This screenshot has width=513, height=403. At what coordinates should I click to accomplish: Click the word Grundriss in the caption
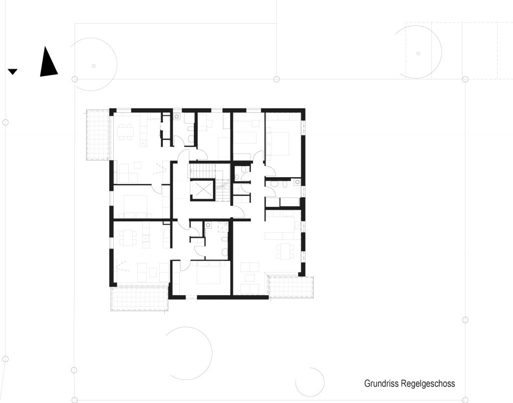(x=381, y=383)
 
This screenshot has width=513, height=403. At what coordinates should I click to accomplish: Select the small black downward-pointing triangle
(x=13, y=72)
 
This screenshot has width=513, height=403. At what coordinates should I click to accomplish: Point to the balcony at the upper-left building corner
(x=97, y=135)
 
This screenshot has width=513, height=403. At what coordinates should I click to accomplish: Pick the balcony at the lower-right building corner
(x=290, y=287)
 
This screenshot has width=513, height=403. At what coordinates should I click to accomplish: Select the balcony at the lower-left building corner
(x=139, y=299)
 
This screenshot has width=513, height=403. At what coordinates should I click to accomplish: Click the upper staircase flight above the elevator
(x=202, y=170)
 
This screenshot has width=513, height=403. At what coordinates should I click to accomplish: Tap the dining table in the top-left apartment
(x=126, y=131)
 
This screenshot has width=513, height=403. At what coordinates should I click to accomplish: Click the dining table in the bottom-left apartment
(x=128, y=237)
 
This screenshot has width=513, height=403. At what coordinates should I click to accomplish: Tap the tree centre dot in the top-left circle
(x=94, y=66)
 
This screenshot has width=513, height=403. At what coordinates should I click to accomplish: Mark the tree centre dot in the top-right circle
(x=418, y=53)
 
